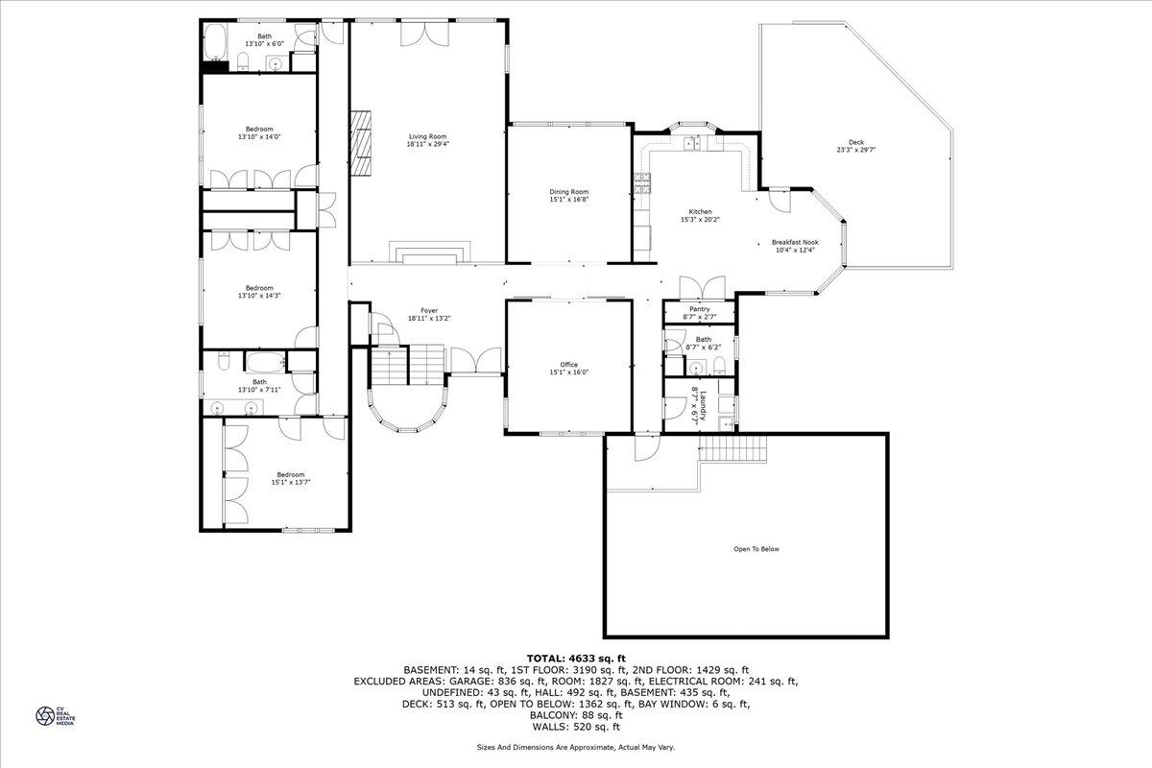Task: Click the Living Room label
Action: (427, 136)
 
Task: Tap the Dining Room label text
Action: (568, 191)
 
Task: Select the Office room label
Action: (568, 364)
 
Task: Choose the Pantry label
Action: (699, 309)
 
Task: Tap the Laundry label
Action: (702, 404)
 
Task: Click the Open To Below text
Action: (756, 549)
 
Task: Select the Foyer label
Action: (428, 310)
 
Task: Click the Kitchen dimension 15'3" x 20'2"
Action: (700, 220)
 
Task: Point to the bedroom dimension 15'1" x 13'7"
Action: (290, 482)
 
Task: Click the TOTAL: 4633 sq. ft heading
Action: (575, 658)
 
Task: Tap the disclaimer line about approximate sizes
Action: (576, 746)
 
